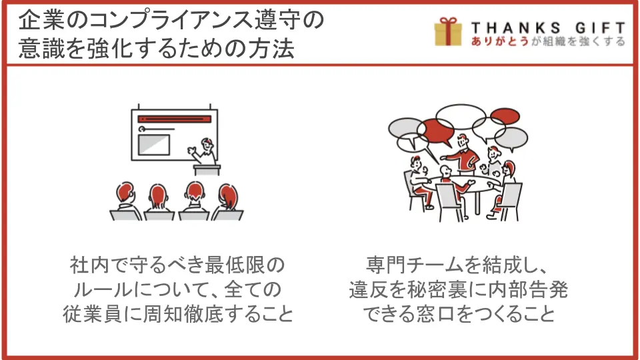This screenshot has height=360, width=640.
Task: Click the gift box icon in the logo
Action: click(448, 31)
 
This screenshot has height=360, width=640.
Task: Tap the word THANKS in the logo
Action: click(516, 28)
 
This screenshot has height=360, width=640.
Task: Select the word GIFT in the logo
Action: click(600, 28)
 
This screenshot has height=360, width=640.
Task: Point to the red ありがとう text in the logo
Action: click(500, 41)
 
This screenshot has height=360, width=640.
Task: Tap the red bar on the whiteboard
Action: click(174, 119)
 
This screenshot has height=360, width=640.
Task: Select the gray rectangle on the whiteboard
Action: click(154, 145)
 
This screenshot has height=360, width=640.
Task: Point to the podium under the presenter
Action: click(207, 170)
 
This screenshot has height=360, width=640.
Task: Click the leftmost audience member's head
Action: click(125, 192)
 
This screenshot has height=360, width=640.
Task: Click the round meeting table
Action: click(465, 183)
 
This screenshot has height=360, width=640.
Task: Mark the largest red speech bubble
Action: click(437, 131)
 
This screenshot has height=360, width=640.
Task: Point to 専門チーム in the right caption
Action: click(414, 265)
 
